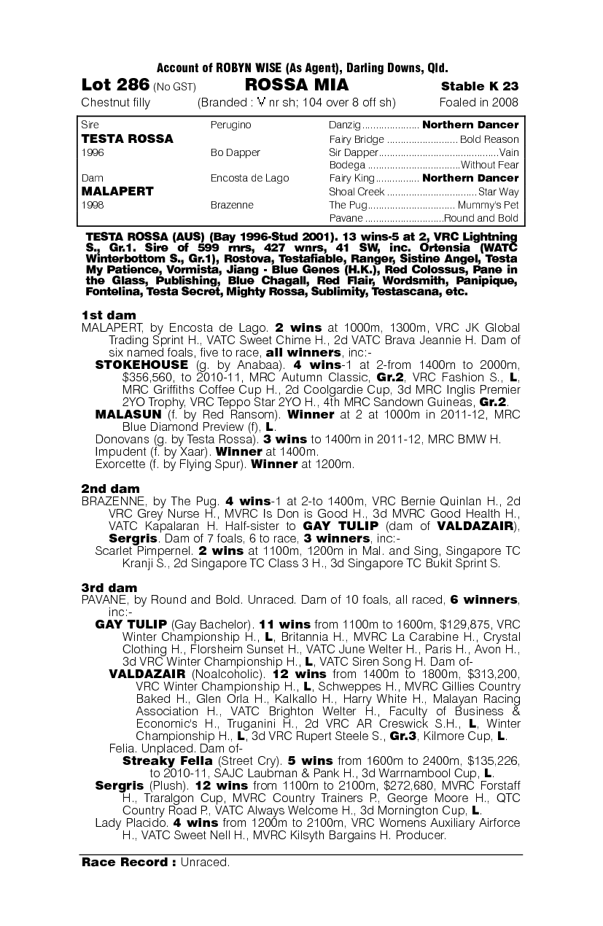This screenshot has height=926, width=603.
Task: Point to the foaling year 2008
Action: [504, 102]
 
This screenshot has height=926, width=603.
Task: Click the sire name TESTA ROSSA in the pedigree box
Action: [127, 139]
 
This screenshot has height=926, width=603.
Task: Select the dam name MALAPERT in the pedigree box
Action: [117, 191]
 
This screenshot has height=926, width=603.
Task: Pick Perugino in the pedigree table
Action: [230, 125]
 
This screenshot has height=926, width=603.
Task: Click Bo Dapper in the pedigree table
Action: [235, 152]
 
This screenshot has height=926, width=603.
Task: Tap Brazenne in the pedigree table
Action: [232, 205]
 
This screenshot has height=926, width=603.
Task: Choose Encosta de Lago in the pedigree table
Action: [249, 178]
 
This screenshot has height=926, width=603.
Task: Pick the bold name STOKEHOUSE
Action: [141, 364]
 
